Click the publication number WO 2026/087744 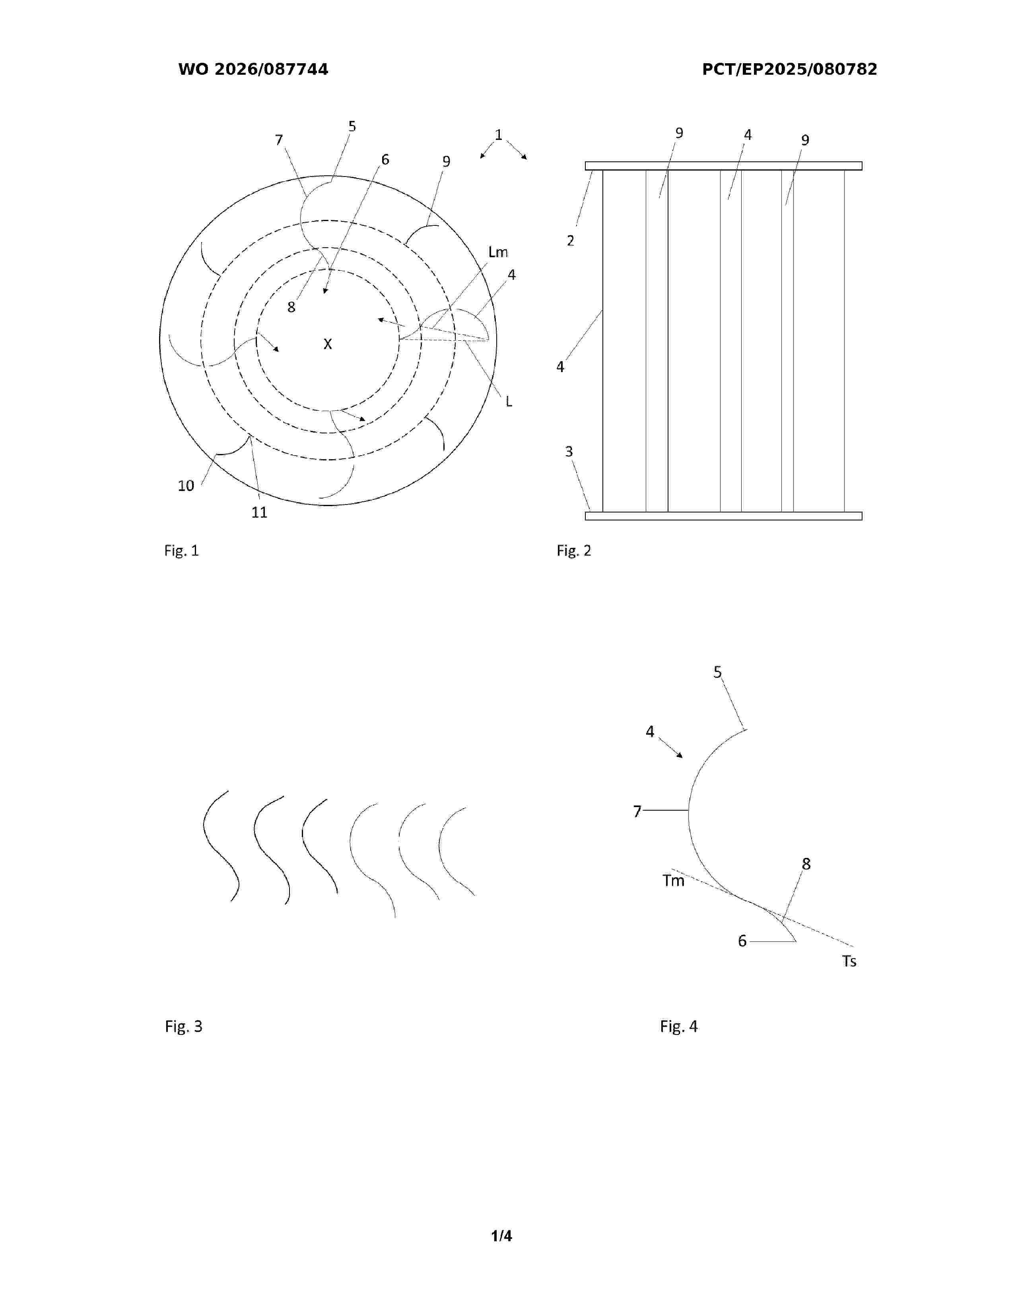pyautogui.click(x=253, y=70)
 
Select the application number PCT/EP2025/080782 pyautogui.click(x=789, y=70)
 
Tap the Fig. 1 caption pyautogui.click(x=181, y=551)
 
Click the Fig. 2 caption pyautogui.click(x=574, y=551)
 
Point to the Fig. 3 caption pyautogui.click(x=184, y=1027)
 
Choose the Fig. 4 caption pyautogui.click(x=679, y=1027)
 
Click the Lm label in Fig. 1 pyautogui.click(x=498, y=252)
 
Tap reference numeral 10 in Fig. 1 pyautogui.click(x=186, y=486)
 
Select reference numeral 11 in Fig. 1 pyautogui.click(x=259, y=512)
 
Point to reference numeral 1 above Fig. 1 pyautogui.click(x=498, y=134)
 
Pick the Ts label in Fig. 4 pyautogui.click(x=849, y=962)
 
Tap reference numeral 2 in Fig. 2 pyautogui.click(x=570, y=241)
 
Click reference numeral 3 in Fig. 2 pyautogui.click(x=569, y=452)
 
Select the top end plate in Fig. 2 pyautogui.click(x=723, y=166)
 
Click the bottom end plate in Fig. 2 pyautogui.click(x=723, y=516)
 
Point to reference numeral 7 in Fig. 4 pyautogui.click(x=637, y=811)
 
